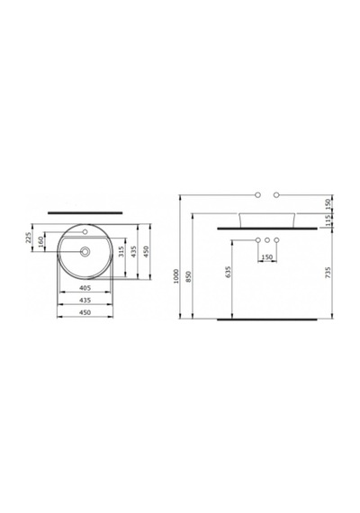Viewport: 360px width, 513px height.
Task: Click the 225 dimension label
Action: coord(28,238)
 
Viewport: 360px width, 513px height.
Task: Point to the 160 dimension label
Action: coord(40,242)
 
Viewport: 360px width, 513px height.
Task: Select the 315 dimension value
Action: coord(121,251)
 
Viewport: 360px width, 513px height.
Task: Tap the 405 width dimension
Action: coord(85,288)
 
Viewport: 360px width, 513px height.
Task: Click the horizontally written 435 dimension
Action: coord(85,300)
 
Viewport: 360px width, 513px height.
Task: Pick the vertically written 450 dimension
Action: coord(147,251)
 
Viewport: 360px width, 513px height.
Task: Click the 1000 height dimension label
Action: coord(176,276)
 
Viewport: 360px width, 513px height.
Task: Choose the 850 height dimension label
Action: coord(188,276)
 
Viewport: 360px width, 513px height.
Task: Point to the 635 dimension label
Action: coord(228,272)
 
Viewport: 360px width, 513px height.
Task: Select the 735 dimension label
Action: coord(328,272)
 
